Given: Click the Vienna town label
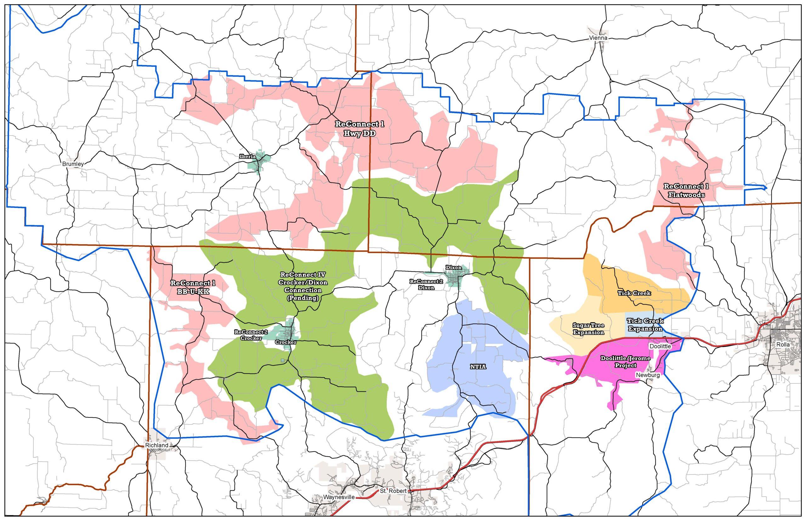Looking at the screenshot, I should click(599, 38).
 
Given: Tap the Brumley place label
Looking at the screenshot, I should click(73, 164).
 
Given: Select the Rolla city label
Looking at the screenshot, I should click(783, 345).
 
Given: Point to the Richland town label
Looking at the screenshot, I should click(156, 445).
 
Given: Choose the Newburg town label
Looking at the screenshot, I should click(647, 375).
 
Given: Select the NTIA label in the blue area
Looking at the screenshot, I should click(478, 367).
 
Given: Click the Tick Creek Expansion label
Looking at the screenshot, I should click(644, 324).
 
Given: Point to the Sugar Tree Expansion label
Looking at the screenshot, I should click(588, 328).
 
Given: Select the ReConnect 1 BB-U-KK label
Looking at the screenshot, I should click(193, 287).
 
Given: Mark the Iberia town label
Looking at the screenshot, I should click(247, 157).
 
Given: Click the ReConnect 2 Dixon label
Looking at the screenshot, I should click(422, 284).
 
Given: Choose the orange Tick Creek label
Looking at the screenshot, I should click(634, 293).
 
